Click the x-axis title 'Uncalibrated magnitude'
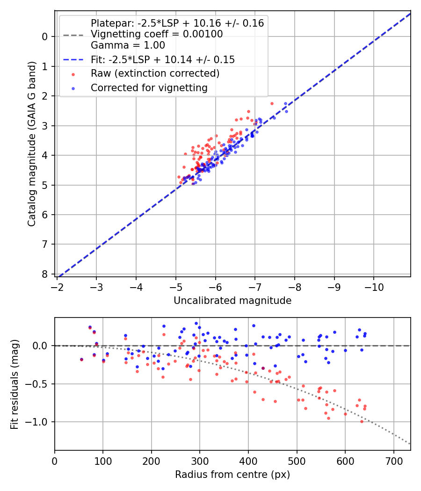point(232,301)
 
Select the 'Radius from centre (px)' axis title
point(232,475)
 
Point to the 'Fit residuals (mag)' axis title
point(15,384)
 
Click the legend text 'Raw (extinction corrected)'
point(155,73)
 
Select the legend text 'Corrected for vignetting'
point(149,87)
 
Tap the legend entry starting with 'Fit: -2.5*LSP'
point(163,60)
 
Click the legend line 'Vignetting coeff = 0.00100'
point(157,34)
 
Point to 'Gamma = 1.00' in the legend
point(128,45)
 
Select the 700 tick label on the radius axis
point(393,461)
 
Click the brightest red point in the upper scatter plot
point(272,103)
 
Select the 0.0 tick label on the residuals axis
point(40,346)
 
